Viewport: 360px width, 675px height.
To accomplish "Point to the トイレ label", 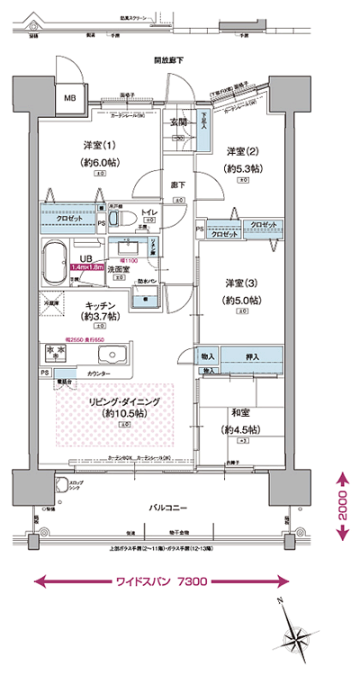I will pyautogui.click(x=149, y=213).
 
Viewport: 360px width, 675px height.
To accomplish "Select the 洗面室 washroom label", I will pyautogui.click(x=119, y=268).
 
